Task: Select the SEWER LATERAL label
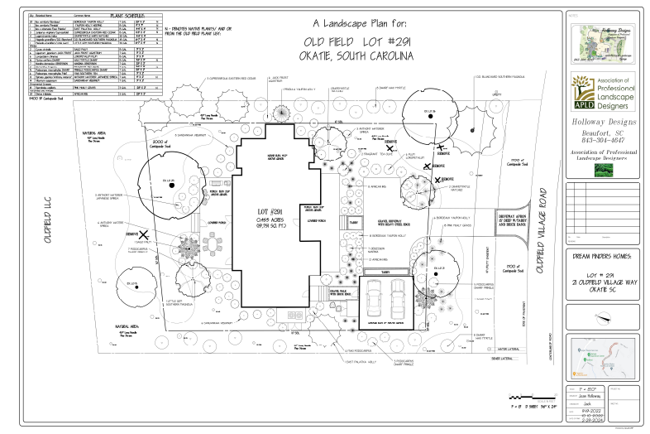(501, 358)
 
